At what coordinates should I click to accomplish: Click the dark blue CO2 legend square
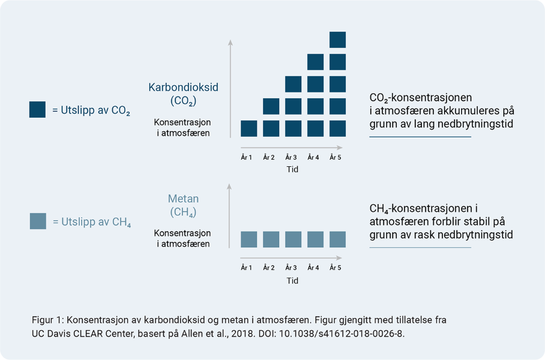[37, 109]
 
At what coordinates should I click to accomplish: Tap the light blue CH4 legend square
[38, 221]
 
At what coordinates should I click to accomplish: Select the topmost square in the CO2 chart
[337, 40]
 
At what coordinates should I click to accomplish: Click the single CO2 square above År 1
[249, 128]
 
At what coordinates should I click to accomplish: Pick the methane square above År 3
[294, 239]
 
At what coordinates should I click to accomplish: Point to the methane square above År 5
[337, 239]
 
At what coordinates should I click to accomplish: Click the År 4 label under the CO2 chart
[313, 157]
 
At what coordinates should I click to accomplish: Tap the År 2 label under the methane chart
[269, 267]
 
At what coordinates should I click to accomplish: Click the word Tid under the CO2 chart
[292, 169]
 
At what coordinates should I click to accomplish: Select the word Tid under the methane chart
[292, 280]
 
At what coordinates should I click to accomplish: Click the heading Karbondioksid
[183, 87]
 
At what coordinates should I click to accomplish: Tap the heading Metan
[183, 199]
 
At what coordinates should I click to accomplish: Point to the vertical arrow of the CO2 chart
[230, 89]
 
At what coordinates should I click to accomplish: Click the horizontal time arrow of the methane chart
[291, 258]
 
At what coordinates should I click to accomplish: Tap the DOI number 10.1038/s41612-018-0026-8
[342, 334]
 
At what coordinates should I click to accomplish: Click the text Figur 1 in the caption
[47, 320]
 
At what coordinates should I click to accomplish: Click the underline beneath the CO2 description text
[420, 137]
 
